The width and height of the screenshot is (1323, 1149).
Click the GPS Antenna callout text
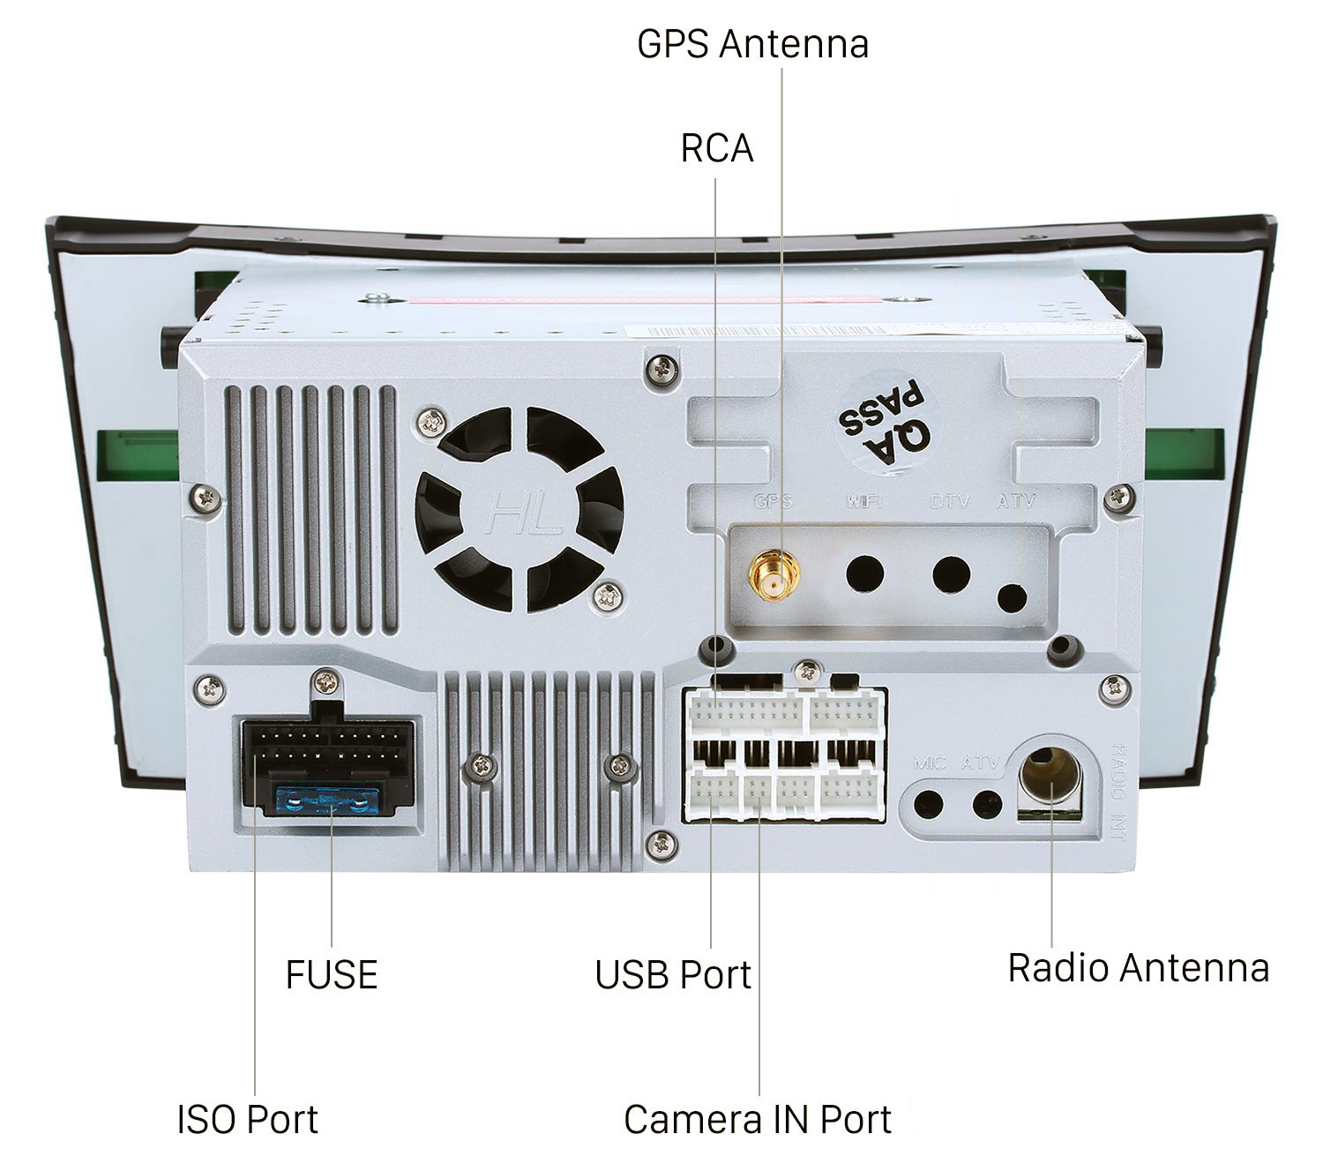pyautogui.click(x=752, y=43)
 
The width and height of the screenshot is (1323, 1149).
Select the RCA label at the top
pyautogui.click(x=716, y=148)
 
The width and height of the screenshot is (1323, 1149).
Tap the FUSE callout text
pyautogui.click(x=332, y=974)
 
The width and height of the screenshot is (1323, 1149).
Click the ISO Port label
pyautogui.click(x=247, y=1119)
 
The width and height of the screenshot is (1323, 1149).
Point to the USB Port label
pyautogui.click(x=672, y=974)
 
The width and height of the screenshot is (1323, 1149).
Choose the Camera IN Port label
pyautogui.click(x=757, y=1119)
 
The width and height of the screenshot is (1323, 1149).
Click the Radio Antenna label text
pyautogui.click(x=1138, y=967)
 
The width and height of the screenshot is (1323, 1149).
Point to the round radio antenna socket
pyautogui.click(x=1050, y=777)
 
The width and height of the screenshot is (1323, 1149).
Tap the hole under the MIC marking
pyautogui.click(x=928, y=804)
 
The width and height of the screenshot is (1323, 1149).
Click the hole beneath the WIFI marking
pyautogui.click(x=864, y=574)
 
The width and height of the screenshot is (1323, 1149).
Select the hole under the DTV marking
pyautogui.click(x=951, y=574)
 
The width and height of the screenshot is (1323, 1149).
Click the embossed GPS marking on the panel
pyautogui.click(x=774, y=501)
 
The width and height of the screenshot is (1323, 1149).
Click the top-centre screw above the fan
pyautogui.click(x=662, y=369)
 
